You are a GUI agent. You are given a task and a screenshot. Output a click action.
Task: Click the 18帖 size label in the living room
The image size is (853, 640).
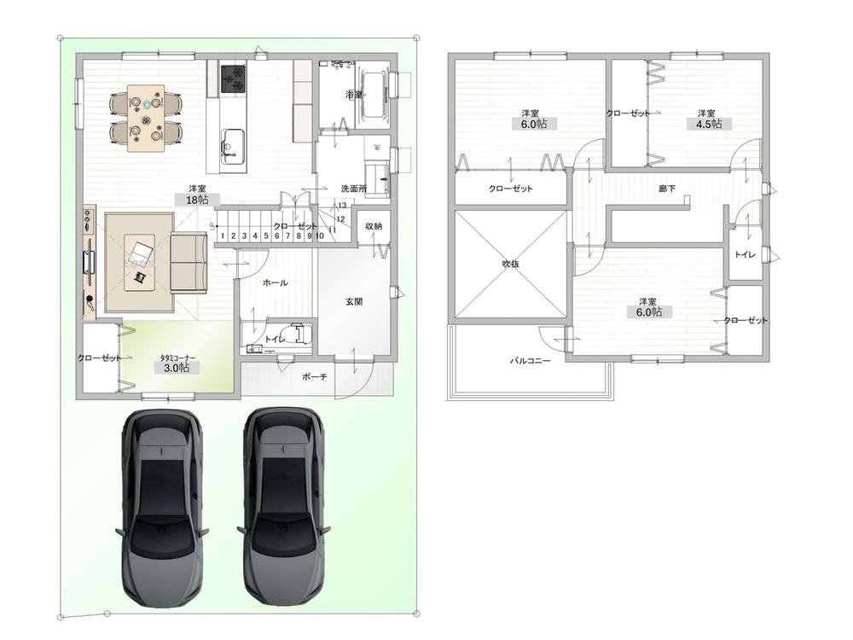(197, 200)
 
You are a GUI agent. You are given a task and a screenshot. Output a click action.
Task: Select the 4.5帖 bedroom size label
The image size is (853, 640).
(709, 124)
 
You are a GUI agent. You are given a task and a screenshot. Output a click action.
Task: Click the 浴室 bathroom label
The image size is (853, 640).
(354, 95)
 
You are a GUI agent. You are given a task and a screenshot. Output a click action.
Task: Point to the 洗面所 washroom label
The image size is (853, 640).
(354, 189)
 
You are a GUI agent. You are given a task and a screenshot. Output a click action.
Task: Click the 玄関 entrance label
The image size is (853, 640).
(354, 301)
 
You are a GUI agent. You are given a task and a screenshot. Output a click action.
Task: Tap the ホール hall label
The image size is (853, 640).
(276, 282)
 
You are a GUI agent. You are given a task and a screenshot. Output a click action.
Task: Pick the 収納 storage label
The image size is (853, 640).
(374, 226)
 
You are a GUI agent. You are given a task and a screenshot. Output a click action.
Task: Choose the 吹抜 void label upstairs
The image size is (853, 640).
(510, 264)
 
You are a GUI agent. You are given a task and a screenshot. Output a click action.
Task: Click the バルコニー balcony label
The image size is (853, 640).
(530, 360)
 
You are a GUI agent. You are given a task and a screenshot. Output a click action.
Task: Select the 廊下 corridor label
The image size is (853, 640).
(667, 189)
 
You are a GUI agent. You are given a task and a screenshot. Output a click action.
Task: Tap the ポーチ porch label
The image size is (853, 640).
(315, 376)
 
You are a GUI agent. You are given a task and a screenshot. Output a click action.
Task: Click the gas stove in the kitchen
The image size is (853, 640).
(233, 79)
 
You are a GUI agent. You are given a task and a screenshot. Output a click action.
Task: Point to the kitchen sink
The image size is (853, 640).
(232, 143)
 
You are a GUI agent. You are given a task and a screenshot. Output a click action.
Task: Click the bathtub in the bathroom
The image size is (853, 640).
(374, 94)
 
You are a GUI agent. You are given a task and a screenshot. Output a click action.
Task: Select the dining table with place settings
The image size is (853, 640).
(146, 118)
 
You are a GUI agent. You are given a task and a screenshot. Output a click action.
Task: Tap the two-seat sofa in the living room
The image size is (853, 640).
(189, 263)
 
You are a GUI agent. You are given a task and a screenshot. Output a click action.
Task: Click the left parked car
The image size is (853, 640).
(161, 509)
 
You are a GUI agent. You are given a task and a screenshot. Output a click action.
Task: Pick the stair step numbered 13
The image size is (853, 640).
(342, 206)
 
